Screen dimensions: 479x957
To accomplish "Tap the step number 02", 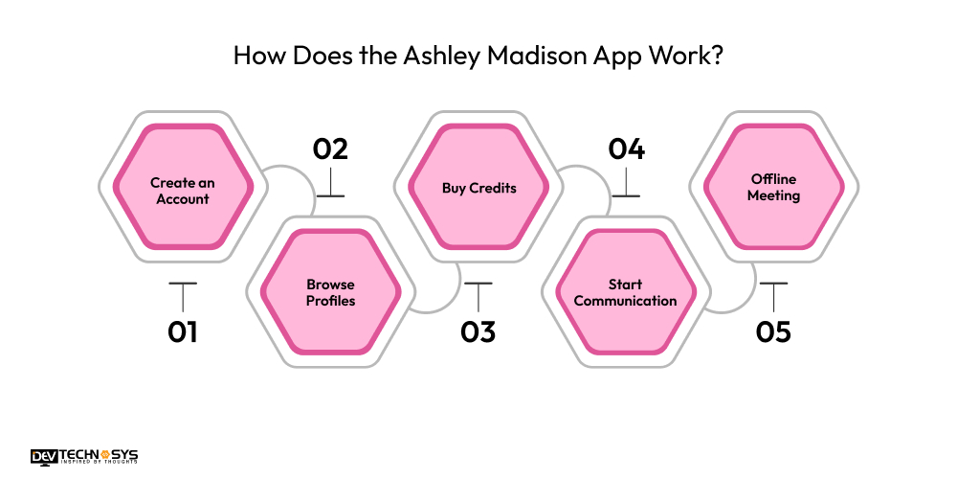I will click(330, 149).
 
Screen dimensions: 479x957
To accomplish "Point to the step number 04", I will click(626, 149).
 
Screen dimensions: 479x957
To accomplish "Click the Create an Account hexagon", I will click(183, 191).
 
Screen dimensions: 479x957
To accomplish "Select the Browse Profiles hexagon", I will click(330, 292).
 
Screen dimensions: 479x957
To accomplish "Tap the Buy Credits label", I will click(478, 188).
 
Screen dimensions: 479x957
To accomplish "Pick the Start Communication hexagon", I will click(626, 292).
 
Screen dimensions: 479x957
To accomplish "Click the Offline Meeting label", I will click(774, 187).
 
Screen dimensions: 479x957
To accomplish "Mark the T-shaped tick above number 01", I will click(182, 292).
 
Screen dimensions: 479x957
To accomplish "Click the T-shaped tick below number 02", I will click(330, 186).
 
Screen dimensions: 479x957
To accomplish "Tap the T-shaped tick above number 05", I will click(773, 292).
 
